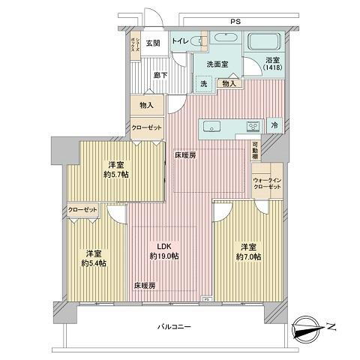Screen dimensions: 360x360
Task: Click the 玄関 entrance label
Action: pos(153,43)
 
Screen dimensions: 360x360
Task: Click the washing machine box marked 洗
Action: pos(203,84)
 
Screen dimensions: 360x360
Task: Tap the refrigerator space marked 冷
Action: pos(275,126)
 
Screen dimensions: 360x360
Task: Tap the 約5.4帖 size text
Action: pos(93,263)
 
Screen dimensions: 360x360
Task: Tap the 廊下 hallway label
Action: pos(160,74)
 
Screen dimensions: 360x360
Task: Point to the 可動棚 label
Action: pos(255,150)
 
